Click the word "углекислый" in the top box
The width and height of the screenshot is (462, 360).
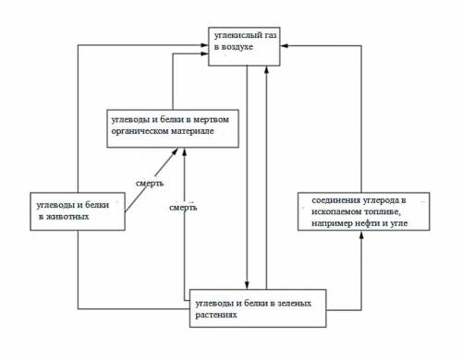pos(237,36)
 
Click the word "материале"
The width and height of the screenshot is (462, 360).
pos(192,131)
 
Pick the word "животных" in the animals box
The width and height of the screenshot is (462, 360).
pos(67,217)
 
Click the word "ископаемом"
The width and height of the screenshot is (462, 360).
pos(336,212)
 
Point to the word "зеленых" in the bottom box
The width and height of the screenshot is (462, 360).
pos(295,304)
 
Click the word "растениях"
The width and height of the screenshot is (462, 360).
pos(216,315)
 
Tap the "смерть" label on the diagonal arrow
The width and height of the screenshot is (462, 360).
pos(150,184)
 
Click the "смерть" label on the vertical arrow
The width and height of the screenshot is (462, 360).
pos(183,208)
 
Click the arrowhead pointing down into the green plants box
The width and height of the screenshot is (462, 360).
pos(247,285)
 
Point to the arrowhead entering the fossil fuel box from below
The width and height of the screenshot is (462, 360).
pos(361,235)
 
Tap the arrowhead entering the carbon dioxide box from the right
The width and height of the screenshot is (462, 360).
pos(284,46)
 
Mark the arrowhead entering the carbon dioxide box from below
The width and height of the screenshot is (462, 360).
pos(267,70)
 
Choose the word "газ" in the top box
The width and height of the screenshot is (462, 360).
pos(269,36)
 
